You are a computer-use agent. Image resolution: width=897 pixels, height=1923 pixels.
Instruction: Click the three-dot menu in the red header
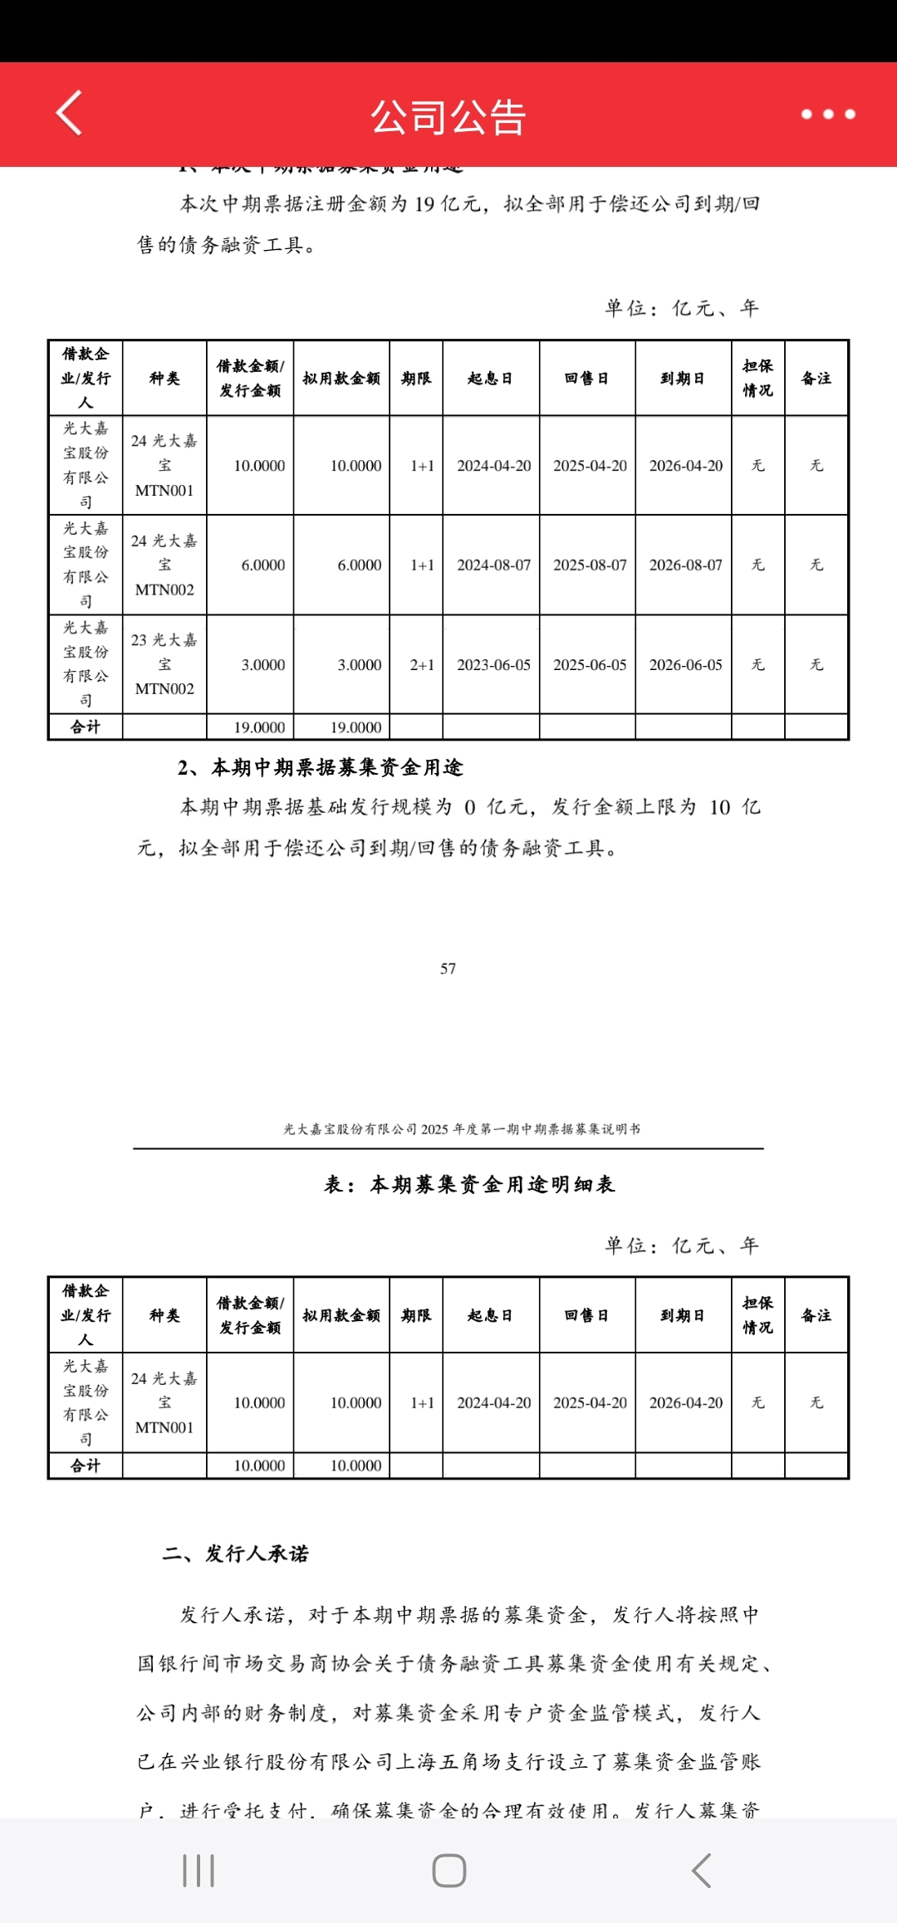tap(827, 115)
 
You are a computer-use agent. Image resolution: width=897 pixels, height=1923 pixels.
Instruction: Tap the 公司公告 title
tap(448, 117)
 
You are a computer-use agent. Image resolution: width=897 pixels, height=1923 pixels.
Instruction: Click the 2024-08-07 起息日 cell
tap(493, 565)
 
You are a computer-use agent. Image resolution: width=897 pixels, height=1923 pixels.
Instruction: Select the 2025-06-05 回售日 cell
tap(590, 665)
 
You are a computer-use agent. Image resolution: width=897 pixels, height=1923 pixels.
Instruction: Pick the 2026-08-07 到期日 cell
tap(685, 565)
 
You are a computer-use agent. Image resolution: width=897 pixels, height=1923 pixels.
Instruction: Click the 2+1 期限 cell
tap(422, 665)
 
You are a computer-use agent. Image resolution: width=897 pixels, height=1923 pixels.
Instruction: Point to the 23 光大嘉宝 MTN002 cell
tap(164, 664)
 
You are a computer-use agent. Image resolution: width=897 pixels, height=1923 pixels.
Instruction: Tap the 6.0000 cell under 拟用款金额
tap(359, 565)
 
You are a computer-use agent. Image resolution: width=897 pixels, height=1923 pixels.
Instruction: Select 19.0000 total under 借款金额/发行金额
tap(259, 727)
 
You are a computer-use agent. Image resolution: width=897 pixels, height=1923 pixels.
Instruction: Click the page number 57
tap(448, 968)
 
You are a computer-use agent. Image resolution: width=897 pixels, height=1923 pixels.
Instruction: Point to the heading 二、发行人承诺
tap(236, 1554)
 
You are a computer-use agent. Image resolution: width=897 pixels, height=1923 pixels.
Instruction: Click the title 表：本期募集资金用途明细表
tap(469, 1185)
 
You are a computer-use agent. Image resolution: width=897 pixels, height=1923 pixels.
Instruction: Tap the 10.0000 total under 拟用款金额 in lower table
tap(355, 1465)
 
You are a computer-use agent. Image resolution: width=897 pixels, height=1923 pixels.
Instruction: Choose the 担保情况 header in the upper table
tap(757, 378)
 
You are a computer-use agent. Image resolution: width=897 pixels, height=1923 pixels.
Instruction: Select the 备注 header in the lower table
tap(816, 1315)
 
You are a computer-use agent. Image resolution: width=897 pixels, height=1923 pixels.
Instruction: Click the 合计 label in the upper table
tap(86, 727)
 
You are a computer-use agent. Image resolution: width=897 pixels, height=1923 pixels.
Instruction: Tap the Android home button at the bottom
tap(448, 1870)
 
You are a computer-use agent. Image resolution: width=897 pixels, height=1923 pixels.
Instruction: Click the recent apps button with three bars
tap(199, 1870)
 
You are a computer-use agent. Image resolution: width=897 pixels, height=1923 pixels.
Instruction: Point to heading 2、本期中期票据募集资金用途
tap(321, 767)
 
